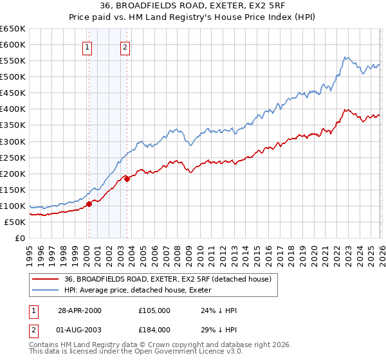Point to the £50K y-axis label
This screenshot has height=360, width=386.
coord(15,222)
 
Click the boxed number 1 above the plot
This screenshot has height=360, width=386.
coord(87,46)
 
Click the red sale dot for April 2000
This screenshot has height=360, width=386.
coord(89,204)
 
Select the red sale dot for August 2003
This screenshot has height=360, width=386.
coord(127,179)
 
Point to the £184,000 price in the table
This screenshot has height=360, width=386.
coord(154,329)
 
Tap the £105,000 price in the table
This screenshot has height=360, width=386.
coord(154,310)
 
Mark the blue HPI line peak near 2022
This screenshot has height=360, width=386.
coord(346,57)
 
